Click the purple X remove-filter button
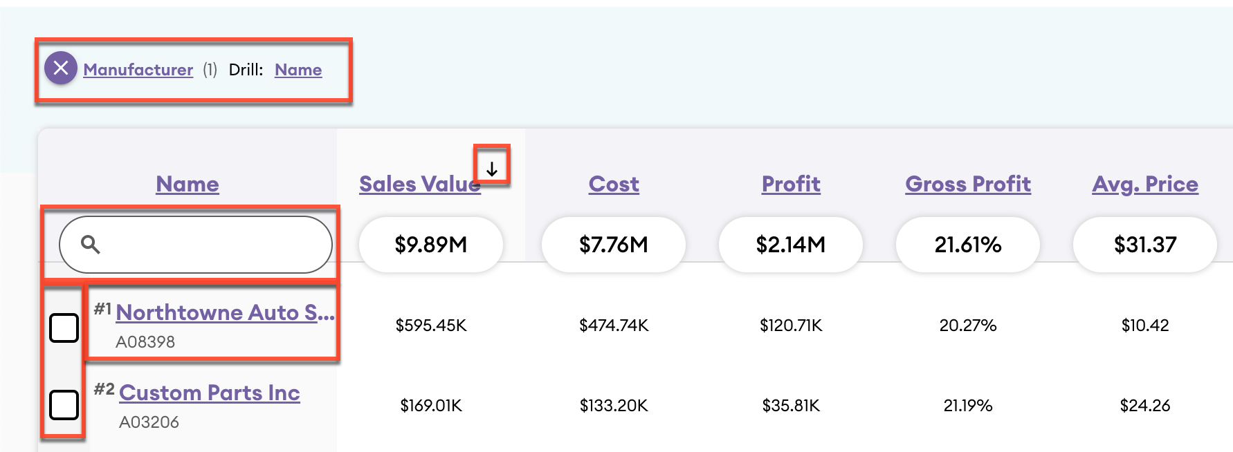pos(61,68)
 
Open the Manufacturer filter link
pos(138,70)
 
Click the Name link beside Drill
pos(298,70)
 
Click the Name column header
pos(188,184)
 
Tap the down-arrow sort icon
pos(492,169)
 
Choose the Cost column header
pos(614,184)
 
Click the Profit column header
pos(791,184)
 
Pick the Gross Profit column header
pos(968,184)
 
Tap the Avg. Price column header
pos(1145,184)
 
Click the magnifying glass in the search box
pos(91,244)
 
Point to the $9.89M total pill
pos(430,245)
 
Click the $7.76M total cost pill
pos(614,245)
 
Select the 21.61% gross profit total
pos(968,245)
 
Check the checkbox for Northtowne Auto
pos(64,328)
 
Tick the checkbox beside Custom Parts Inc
pos(64,404)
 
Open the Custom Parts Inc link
pos(210,393)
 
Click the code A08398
pos(145,342)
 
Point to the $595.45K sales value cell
pos(431,326)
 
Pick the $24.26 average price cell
pos(1145,406)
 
